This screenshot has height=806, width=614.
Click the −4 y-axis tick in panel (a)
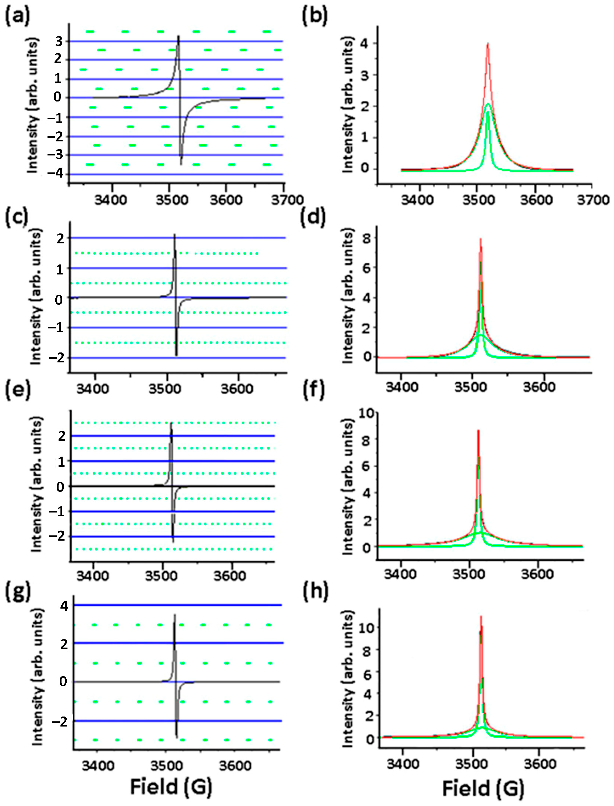tap(56, 174)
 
